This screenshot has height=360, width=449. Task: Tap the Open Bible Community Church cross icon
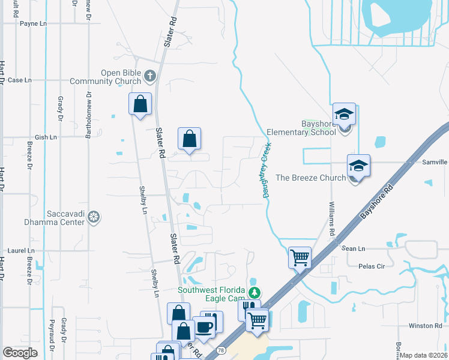[x=149, y=76]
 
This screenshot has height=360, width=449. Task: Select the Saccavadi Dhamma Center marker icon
[x=93, y=216]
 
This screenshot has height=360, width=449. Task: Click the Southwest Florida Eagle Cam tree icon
[x=255, y=293]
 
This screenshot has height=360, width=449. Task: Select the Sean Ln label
[x=353, y=248]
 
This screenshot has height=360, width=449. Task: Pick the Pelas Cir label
[x=370, y=266]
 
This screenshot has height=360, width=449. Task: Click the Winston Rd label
[x=425, y=326]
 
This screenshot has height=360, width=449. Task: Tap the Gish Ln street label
[x=46, y=137]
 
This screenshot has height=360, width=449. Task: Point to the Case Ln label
[x=19, y=80]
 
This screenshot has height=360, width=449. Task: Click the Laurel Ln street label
[x=21, y=250]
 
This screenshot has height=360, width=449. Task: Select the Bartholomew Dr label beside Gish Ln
[x=88, y=115]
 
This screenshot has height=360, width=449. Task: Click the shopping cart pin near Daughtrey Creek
[x=300, y=258]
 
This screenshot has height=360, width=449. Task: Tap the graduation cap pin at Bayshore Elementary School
[x=345, y=113]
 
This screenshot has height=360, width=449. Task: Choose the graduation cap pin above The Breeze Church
[x=358, y=165]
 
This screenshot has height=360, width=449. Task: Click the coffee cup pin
[x=203, y=327]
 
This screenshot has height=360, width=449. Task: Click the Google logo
[x=20, y=353]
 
